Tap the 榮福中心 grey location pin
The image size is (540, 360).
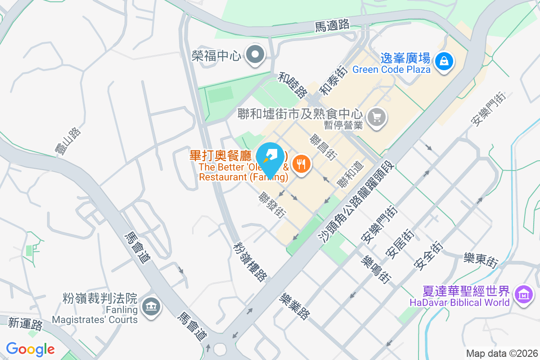pyautogui.click(x=256, y=55)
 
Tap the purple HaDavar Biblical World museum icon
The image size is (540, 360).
pyautogui.click(x=523, y=295)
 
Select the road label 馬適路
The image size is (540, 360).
pyautogui.click(x=332, y=26)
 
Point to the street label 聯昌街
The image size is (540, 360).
pyautogui.click(x=323, y=147)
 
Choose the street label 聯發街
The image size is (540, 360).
pyautogui.click(x=273, y=205)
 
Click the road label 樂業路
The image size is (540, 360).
pyautogui.click(x=295, y=306)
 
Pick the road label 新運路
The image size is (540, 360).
pyautogui.click(x=25, y=324)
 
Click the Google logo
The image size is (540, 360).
pyautogui.click(x=30, y=349)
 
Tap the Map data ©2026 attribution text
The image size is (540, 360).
pyautogui.click(x=501, y=354)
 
